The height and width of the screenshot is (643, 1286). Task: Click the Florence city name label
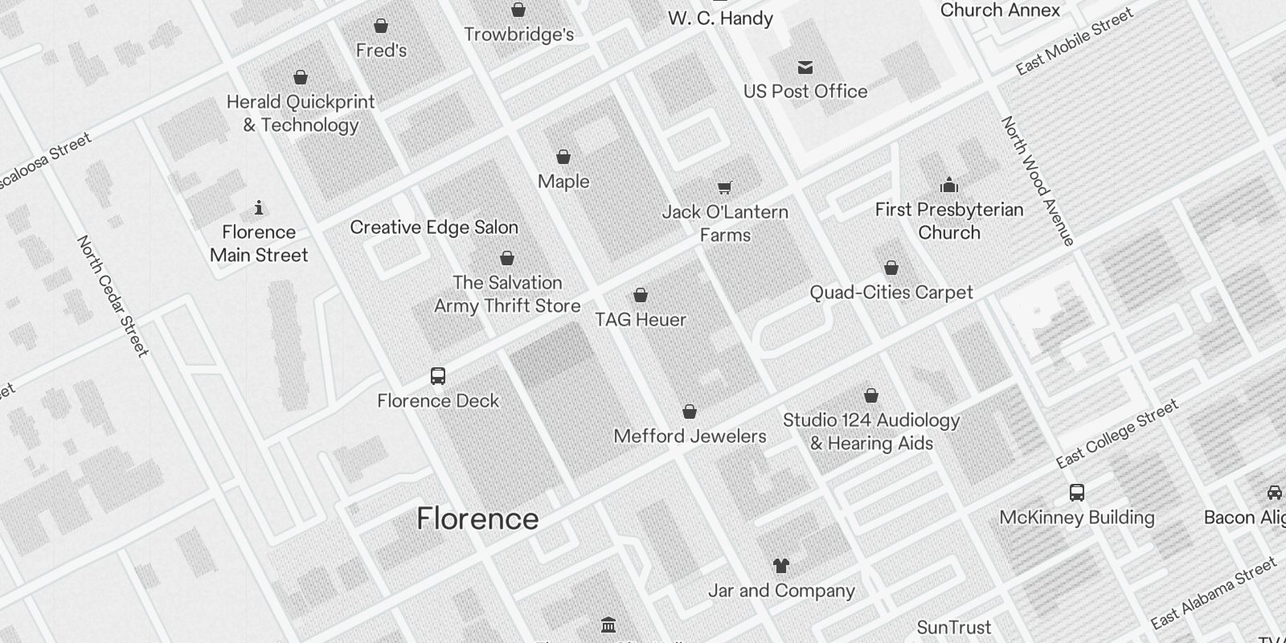click(x=477, y=518)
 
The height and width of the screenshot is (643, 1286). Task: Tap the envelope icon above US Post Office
click(x=805, y=68)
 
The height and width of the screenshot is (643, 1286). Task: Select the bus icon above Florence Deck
click(x=438, y=376)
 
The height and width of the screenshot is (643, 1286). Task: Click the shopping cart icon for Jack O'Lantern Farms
click(x=724, y=188)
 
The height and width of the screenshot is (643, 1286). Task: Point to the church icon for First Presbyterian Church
click(x=949, y=186)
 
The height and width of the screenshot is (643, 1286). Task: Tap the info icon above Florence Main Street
click(x=259, y=208)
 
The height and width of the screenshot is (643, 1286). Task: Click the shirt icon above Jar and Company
click(x=780, y=566)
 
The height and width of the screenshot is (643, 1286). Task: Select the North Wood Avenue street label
click(x=1037, y=181)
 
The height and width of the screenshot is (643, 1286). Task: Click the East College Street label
click(x=1117, y=433)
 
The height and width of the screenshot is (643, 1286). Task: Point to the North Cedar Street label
click(x=113, y=295)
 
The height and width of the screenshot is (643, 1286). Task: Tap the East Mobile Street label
click(x=1075, y=42)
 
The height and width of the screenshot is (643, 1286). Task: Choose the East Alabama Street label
click(x=1213, y=593)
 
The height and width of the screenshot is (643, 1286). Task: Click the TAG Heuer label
click(x=641, y=320)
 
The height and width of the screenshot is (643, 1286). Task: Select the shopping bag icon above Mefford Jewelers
click(x=689, y=412)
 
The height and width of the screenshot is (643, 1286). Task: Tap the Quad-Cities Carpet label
click(x=891, y=293)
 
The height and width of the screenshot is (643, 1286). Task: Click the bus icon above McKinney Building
click(x=1077, y=493)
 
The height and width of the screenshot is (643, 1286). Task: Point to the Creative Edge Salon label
click(x=434, y=227)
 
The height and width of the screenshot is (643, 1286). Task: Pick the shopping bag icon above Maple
click(x=563, y=157)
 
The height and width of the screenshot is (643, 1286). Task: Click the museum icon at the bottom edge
click(x=608, y=625)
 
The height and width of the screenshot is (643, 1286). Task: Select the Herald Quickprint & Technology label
click(x=301, y=113)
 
